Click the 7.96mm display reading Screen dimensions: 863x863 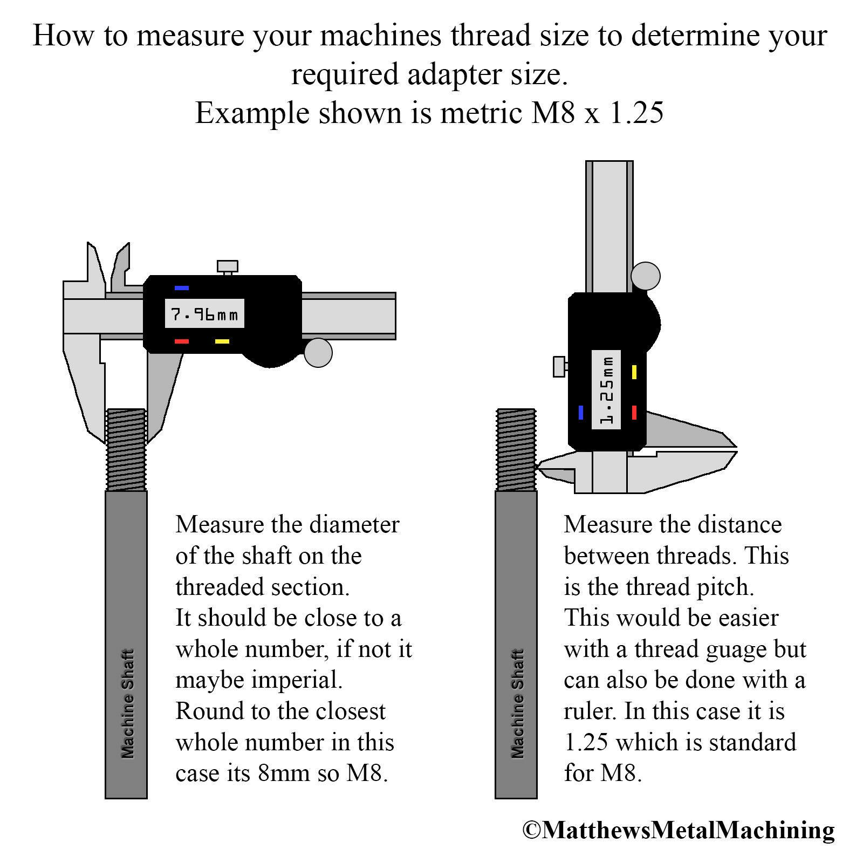[204, 313]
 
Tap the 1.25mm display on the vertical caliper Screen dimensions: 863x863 [606, 389]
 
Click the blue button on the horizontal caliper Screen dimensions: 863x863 [182, 288]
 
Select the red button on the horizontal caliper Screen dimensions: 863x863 [182, 341]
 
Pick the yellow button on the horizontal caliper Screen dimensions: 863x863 [222, 341]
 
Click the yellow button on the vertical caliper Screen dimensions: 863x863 [634, 372]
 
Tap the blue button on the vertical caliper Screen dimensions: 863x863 [581, 413]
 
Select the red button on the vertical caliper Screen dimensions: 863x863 [634, 413]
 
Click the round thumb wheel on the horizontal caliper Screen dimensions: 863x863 [318, 353]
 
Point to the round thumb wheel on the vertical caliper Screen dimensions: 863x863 [646, 276]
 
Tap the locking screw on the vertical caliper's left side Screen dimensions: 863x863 [561, 367]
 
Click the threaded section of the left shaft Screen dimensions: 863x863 [126, 449]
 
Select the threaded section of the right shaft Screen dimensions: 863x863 [516, 449]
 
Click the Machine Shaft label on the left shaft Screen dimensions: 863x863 [127, 703]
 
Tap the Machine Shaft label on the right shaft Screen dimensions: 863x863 [517, 703]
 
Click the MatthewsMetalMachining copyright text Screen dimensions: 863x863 [679, 830]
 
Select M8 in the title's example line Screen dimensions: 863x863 [553, 113]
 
